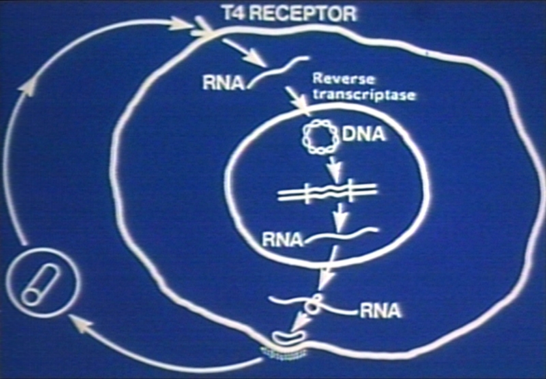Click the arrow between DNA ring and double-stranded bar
(x=332, y=167)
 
